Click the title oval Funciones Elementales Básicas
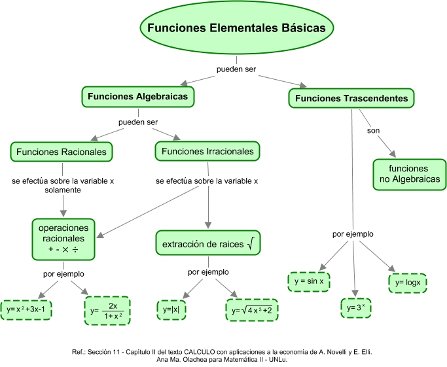[x=236, y=29]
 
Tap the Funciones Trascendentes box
[x=351, y=99]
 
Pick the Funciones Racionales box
[x=62, y=152]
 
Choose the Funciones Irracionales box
[x=207, y=152]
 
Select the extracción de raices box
[x=207, y=244]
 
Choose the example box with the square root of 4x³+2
[x=253, y=309]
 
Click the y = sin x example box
[x=309, y=281]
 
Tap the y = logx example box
[x=408, y=283]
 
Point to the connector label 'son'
[x=373, y=130]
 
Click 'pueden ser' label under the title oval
[x=236, y=69]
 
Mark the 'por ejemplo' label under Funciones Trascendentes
[x=353, y=234]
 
